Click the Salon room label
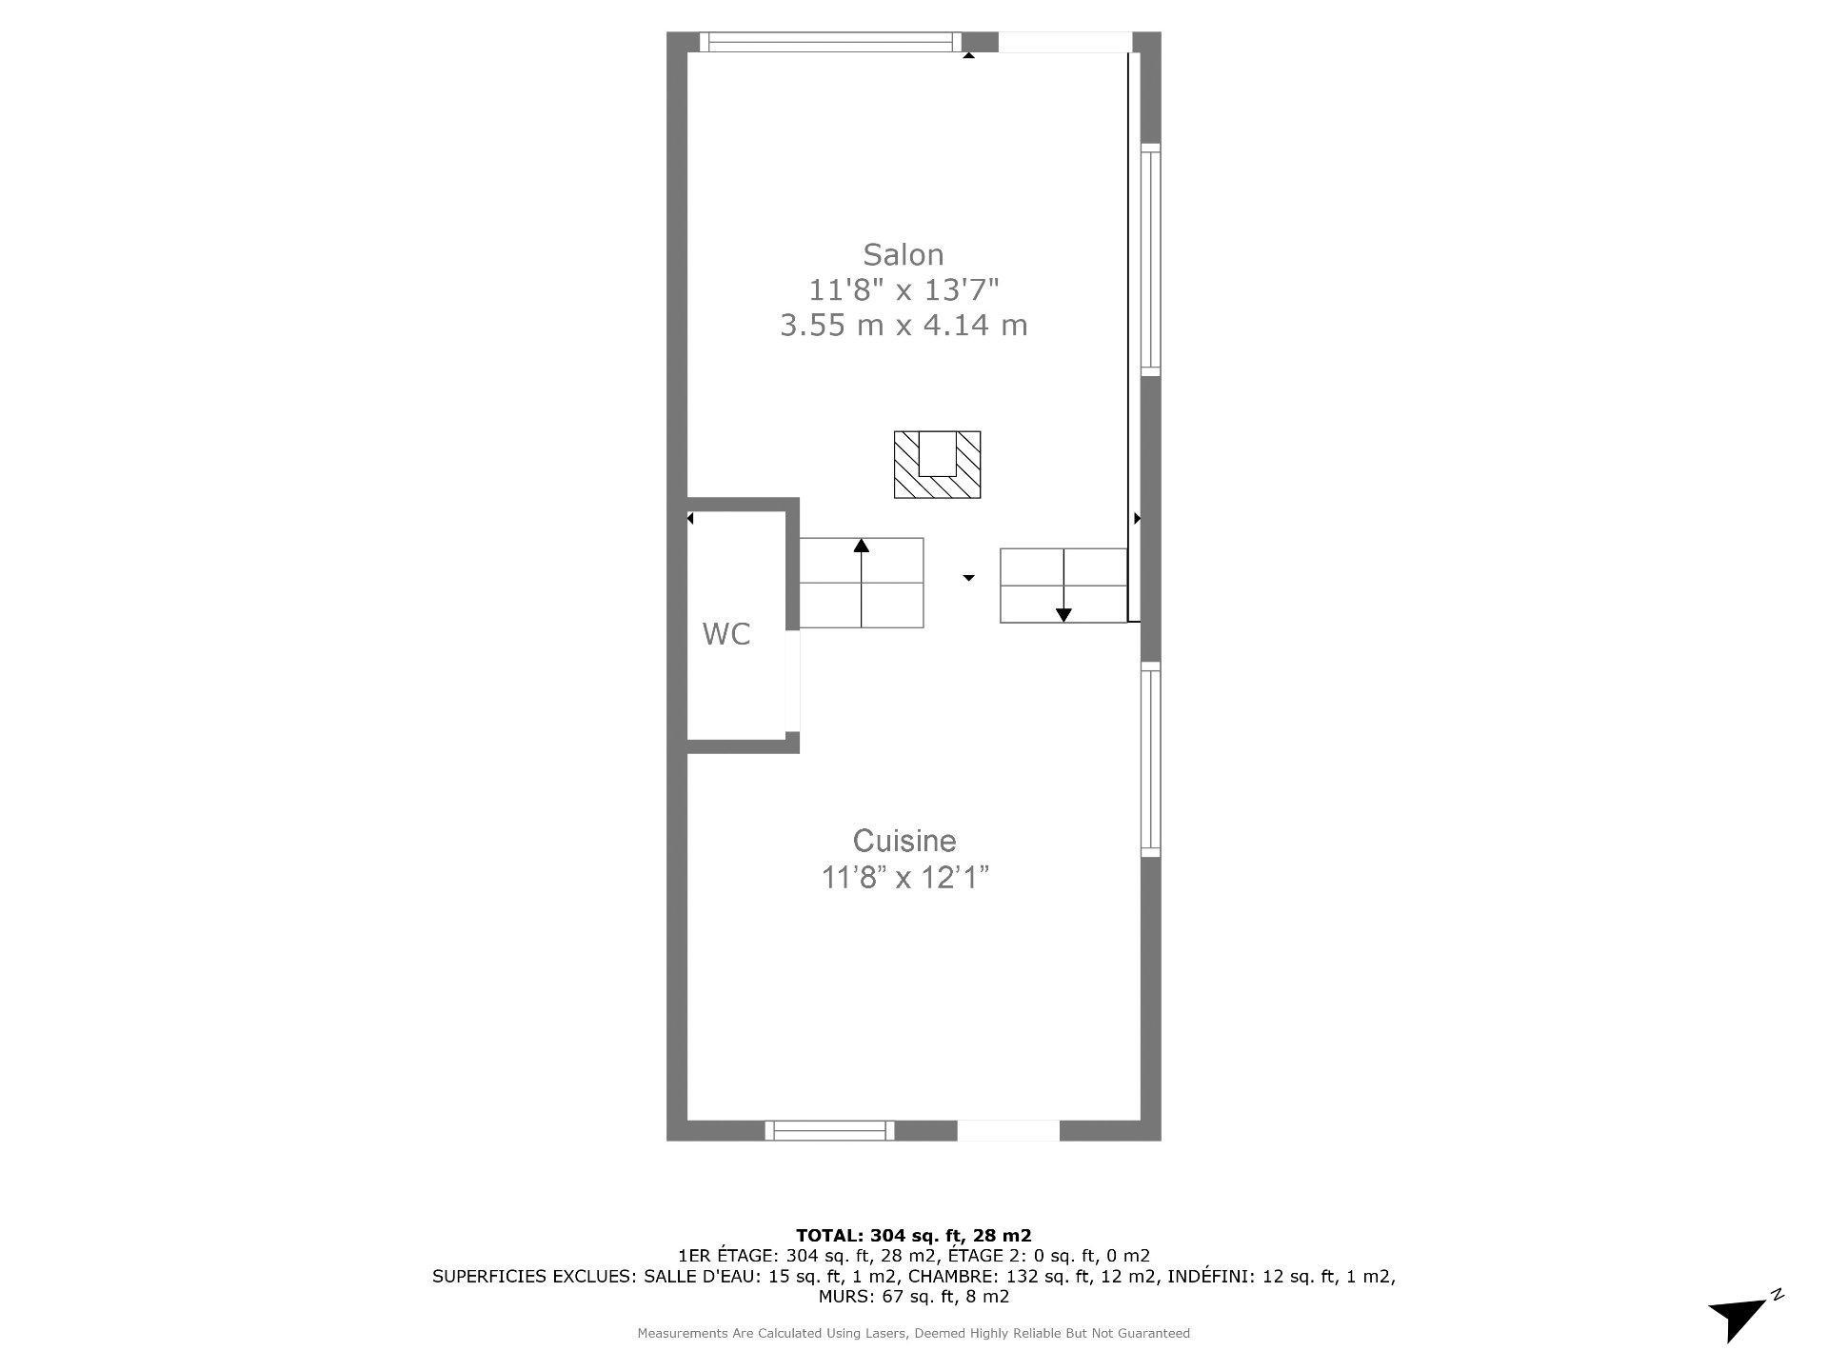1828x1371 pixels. (x=903, y=255)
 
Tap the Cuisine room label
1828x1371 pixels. (x=904, y=841)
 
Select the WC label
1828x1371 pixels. (x=726, y=634)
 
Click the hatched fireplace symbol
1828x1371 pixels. (x=937, y=466)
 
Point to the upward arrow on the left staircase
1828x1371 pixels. (x=862, y=546)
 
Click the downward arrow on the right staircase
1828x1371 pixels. (x=1063, y=615)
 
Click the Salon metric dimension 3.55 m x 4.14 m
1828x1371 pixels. (x=904, y=326)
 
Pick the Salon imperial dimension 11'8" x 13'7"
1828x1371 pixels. (x=904, y=289)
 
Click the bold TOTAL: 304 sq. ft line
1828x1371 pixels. (x=913, y=1236)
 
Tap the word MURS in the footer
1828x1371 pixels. (x=843, y=1297)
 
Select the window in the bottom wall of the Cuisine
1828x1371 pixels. (x=829, y=1130)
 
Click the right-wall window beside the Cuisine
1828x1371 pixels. (x=1150, y=759)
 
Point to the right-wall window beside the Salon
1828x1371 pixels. (x=1150, y=260)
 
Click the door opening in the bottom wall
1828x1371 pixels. (x=1007, y=1130)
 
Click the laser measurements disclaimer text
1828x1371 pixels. (x=913, y=1334)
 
